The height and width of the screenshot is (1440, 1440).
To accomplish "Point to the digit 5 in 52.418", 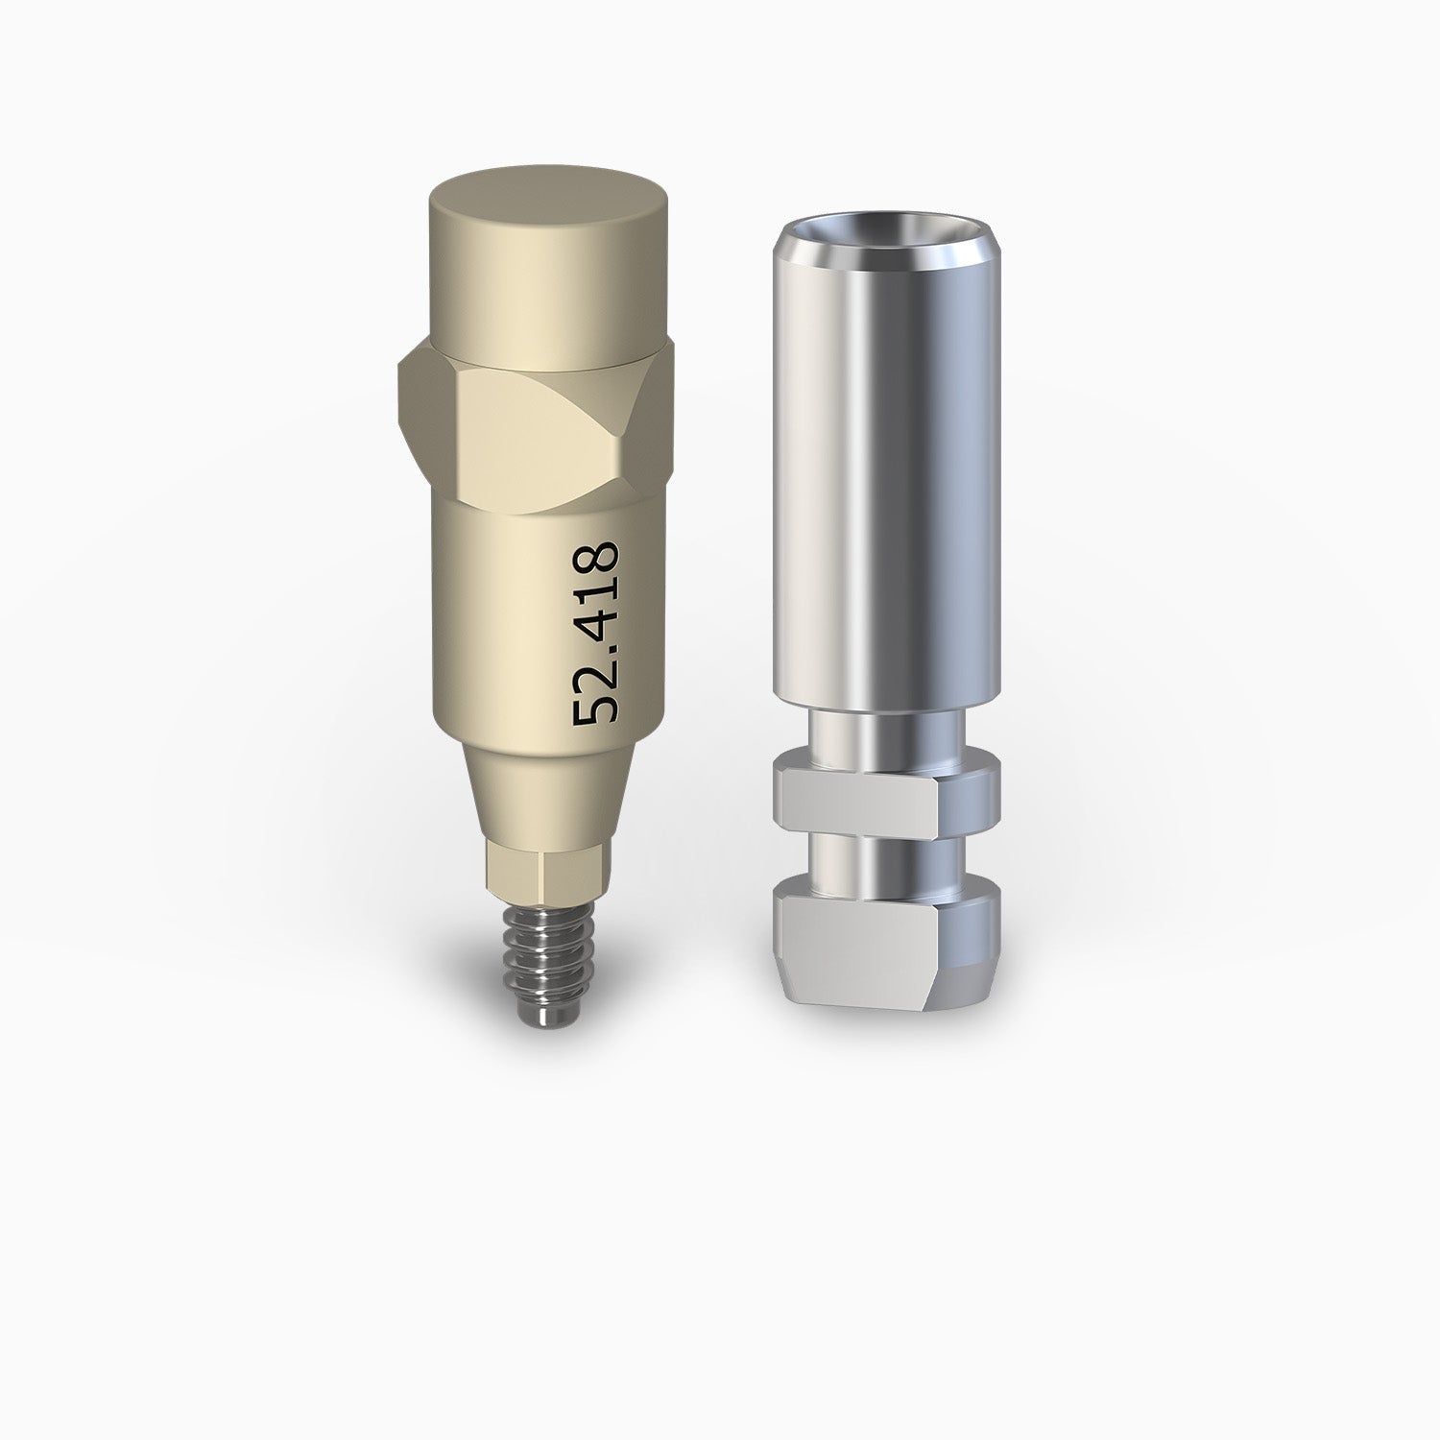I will point(595,708).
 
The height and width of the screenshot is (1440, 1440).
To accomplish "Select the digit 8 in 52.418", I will point(595,560).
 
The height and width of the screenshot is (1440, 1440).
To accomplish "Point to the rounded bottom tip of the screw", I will point(544,1020).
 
